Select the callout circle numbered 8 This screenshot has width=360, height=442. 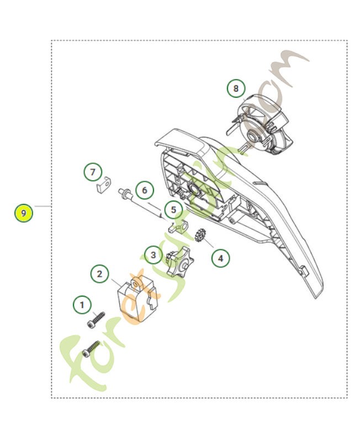(x=236, y=88)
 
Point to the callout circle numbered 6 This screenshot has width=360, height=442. (x=145, y=191)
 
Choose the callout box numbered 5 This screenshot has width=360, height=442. (x=173, y=210)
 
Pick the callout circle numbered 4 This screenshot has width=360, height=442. (x=220, y=257)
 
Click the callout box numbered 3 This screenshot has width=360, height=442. (x=153, y=255)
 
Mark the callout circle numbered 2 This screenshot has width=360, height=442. (x=99, y=273)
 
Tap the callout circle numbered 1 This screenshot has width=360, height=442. (x=82, y=304)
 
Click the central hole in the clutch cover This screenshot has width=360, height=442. (x=194, y=190)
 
